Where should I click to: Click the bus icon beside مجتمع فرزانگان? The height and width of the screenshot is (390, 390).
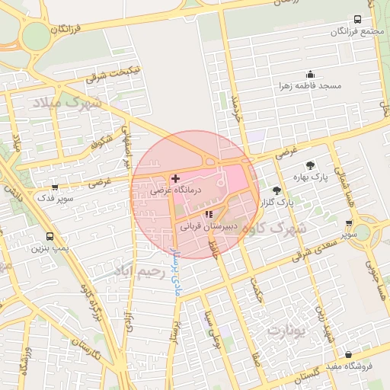(x=358, y=20)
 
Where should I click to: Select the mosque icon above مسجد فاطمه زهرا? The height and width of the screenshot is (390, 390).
(x=311, y=75)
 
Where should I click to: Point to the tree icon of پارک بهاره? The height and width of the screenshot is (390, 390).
(x=310, y=165)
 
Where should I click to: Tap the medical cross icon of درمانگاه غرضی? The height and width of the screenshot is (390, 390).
(x=176, y=177)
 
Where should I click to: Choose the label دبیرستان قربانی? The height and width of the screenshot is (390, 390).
(x=208, y=226)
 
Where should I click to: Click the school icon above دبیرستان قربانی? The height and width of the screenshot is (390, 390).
(x=209, y=214)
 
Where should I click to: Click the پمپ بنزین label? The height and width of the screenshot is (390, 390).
(x=50, y=248)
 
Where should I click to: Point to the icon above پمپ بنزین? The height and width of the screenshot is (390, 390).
(x=50, y=236)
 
